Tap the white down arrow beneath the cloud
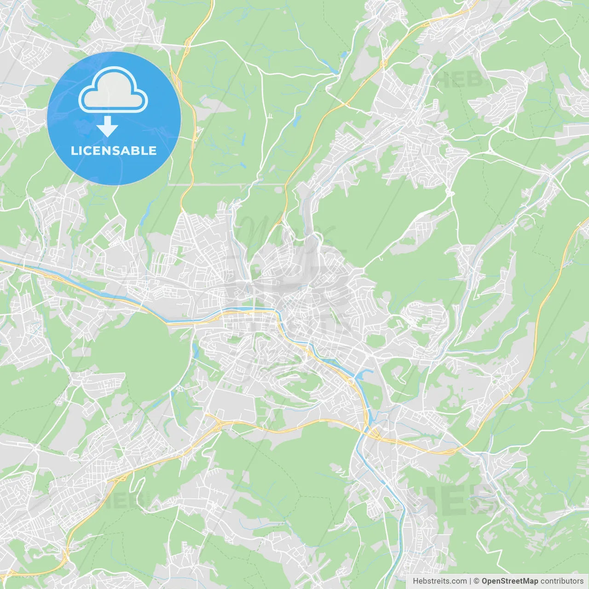pos(108,127)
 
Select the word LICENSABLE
pos(114,150)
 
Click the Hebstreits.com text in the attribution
pos(439,581)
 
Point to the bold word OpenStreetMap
pos(510,581)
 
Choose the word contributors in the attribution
pos(562,581)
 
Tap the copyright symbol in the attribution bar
pos(477,581)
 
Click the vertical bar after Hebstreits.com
pos(470,581)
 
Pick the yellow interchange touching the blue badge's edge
pos(196,133)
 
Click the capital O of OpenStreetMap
pos(485,581)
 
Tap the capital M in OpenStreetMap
pos(524,581)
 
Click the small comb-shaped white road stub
pos(270,116)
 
